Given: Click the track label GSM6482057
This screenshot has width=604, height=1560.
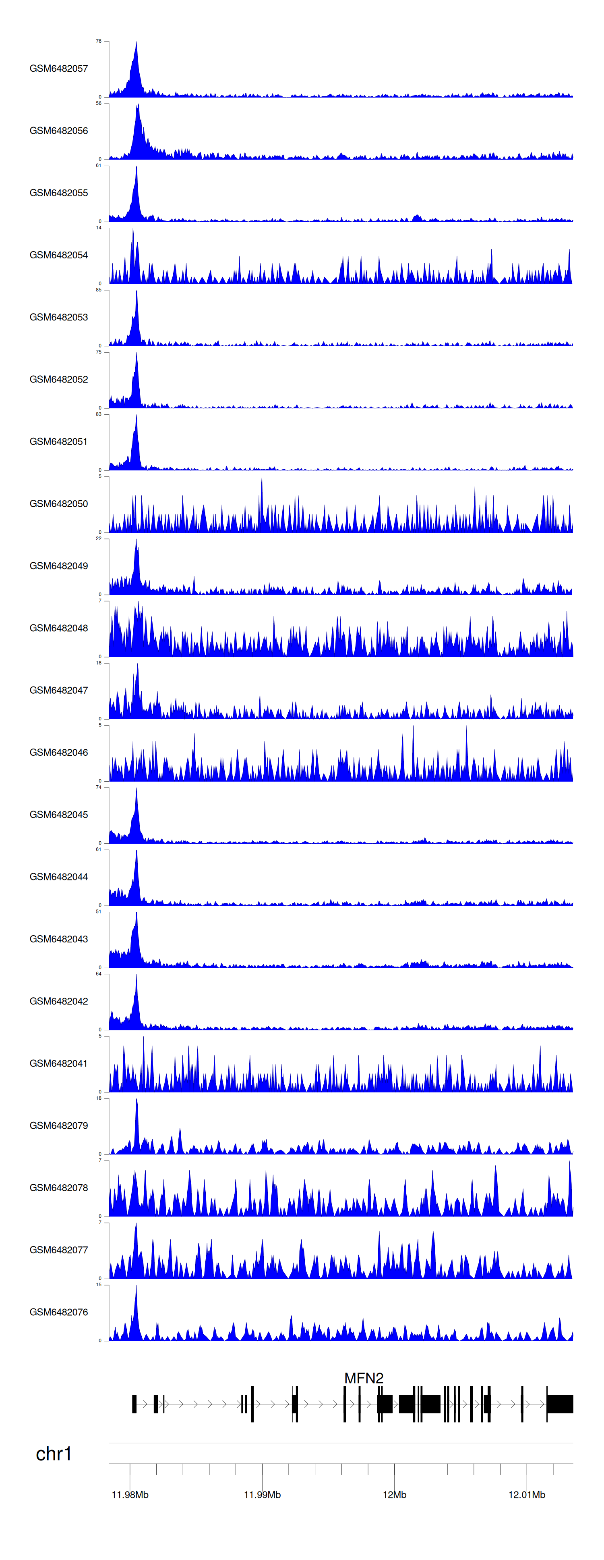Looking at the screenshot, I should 59,69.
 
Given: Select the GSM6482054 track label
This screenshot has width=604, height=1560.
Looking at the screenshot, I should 59,255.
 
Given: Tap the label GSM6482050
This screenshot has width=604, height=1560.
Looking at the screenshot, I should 59,504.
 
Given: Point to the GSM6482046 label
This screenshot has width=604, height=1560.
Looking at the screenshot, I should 59,752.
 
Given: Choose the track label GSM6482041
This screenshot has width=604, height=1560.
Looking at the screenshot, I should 59,1063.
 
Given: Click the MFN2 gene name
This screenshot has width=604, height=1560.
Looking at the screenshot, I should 364,1378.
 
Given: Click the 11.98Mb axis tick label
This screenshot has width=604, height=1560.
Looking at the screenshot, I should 130,1495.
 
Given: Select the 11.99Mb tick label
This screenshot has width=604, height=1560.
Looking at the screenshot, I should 262,1495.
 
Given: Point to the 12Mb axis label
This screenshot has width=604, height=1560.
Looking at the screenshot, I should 395,1495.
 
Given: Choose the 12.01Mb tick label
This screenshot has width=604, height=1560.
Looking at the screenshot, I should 527,1495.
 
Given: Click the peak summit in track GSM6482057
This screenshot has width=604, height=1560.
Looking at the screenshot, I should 136,42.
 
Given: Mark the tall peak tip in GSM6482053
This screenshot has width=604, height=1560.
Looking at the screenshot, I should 137,291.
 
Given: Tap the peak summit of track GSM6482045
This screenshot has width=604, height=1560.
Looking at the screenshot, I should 136,788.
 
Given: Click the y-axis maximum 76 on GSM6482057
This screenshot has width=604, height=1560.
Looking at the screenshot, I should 99,41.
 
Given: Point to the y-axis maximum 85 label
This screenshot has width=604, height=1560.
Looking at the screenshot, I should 99,290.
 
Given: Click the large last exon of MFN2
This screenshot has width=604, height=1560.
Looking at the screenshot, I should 560,1404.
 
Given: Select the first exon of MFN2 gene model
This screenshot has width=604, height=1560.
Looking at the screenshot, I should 134,1404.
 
